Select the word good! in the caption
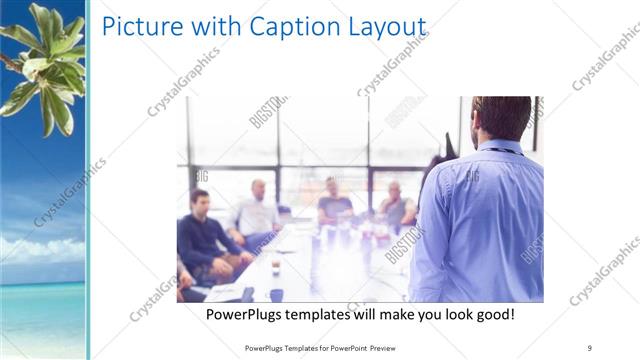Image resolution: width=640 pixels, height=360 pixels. pyautogui.click(x=493, y=315)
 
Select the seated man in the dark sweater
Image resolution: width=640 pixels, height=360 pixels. pyautogui.click(x=203, y=235)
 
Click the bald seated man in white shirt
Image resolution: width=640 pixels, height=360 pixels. pyautogui.click(x=257, y=210)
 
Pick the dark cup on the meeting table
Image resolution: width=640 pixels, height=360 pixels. pyautogui.click(x=277, y=293)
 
